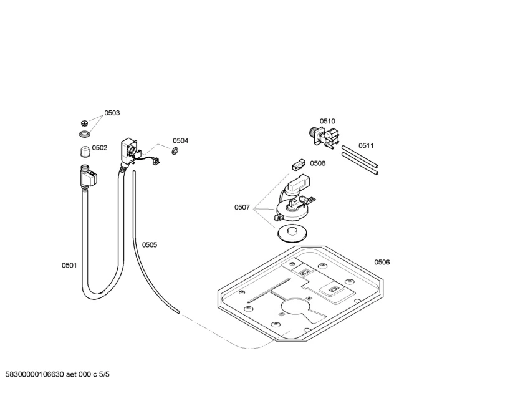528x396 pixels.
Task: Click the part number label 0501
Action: point(69,265)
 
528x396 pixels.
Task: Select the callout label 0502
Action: point(100,148)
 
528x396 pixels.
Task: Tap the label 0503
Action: point(112,113)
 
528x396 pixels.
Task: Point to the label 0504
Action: point(181,140)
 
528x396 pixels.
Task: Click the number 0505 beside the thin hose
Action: point(150,245)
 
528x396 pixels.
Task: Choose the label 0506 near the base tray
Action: point(382,262)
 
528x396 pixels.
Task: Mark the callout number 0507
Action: point(242,207)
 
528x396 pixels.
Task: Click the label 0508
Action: point(318,163)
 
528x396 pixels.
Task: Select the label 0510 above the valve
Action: point(328,121)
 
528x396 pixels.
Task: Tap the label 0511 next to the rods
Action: point(366,145)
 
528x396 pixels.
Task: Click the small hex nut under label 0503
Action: point(85,123)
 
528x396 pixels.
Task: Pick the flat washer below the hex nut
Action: point(85,134)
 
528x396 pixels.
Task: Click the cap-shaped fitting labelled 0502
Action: point(85,151)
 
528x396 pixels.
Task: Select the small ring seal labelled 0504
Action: point(175,151)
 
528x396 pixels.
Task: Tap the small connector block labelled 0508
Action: point(298,164)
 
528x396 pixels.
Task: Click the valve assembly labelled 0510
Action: point(324,137)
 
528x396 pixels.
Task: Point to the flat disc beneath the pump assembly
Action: point(292,233)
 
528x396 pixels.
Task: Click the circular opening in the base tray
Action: point(295,307)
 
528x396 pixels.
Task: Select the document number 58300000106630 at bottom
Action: point(35,374)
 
